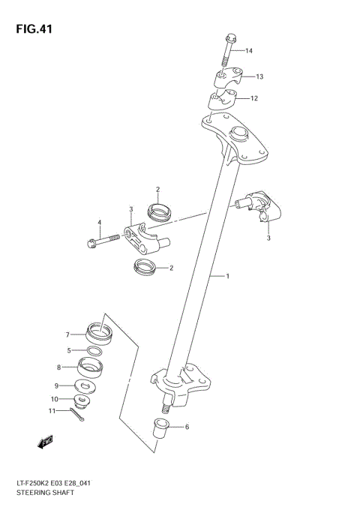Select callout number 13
259,76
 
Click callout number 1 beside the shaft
227,276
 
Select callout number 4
98,222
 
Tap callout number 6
186,427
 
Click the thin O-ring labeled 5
95,351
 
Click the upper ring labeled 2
159,212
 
